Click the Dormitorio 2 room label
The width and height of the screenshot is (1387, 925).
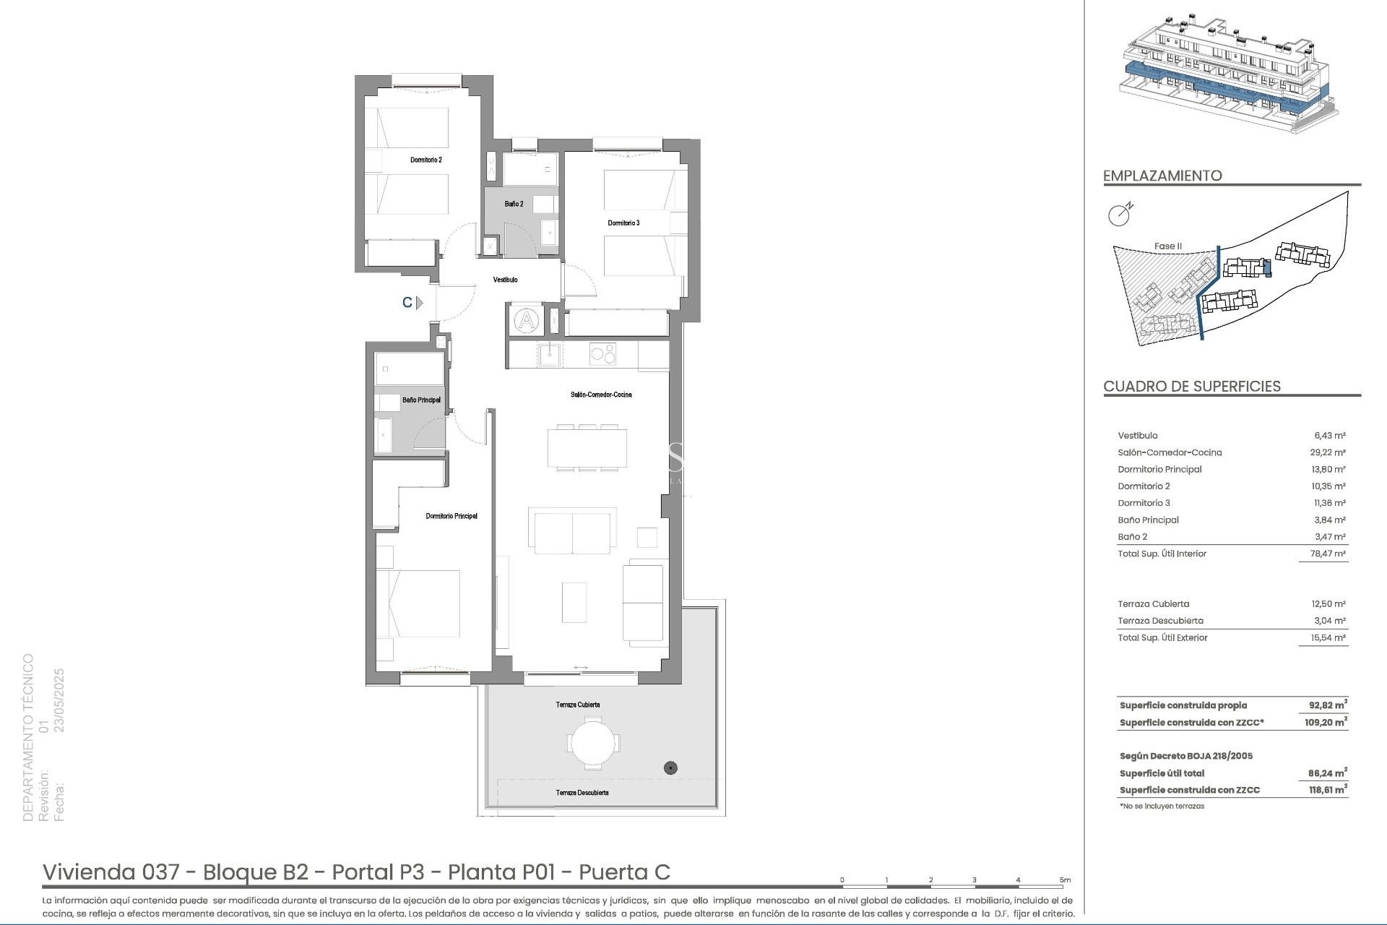(425, 160)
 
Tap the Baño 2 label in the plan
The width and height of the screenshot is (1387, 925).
(514, 205)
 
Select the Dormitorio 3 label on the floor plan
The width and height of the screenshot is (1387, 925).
(623, 223)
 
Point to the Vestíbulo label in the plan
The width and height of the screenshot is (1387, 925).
(505, 280)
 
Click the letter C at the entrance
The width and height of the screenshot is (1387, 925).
(407, 303)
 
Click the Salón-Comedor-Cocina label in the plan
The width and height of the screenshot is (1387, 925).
(600, 395)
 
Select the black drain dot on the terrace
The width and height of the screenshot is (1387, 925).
(670, 768)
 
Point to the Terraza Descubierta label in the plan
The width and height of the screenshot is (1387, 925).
(582, 793)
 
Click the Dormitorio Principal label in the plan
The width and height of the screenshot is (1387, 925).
(451, 516)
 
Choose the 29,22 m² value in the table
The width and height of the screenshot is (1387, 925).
(1329, 452)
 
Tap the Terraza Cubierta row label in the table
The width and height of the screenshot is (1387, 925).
(1153, 604)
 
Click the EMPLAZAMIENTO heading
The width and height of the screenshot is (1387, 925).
(1162, 176)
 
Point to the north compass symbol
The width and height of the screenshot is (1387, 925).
(1120, 214)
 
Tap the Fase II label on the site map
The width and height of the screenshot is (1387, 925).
(1167, 246)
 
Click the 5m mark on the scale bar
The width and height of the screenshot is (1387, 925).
(1065, 880)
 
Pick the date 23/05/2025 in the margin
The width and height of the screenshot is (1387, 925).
(60, 700)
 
